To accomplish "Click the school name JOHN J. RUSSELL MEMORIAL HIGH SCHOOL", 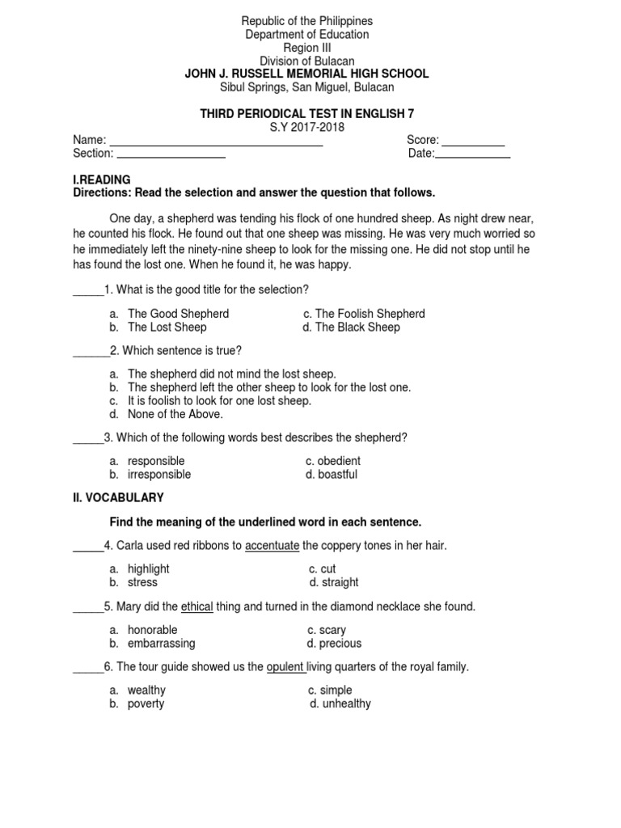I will (306, 74).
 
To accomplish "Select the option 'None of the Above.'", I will (175, 414).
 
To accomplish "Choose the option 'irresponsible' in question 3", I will (159, 475).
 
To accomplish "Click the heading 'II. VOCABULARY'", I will (118, 498).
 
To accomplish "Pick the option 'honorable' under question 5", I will (152, 630).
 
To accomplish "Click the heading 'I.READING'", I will (102, 180).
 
